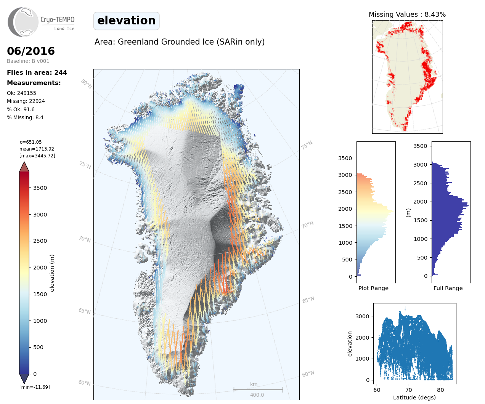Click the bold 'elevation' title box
[x=126, y=21]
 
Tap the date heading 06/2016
[x=31, y=51]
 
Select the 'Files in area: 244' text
[x=37, y=72]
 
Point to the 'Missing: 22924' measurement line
[x=26, y=101]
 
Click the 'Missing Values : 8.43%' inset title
[x=407, y=14]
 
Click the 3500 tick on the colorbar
[x=40, y=188]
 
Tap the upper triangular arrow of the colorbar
[x=24, y=167]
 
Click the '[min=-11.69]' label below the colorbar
[x=35, y=387]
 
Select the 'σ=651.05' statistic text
[x=31, y=142]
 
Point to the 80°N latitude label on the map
[x=86, y=84]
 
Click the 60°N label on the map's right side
[x=308, y=374]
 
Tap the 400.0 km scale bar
[x=258, y=390]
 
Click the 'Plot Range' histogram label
[x=373, y=288]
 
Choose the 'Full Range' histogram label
[x=448, y=288]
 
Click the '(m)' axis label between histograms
[x=408, y=212]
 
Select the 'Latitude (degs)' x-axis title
[x=414, y=398]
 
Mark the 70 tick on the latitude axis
[x=409, y=390]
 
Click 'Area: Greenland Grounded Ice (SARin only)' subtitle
[x=180, y=42]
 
